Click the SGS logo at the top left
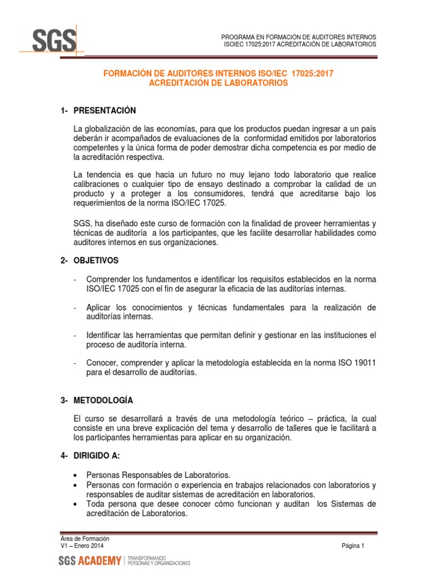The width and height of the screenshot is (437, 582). [52, 41]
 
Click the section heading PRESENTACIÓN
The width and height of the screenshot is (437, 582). [105, 110]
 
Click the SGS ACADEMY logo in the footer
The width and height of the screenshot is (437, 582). [90, 562]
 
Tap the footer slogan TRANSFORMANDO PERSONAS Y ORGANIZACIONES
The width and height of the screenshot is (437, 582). [159, 562]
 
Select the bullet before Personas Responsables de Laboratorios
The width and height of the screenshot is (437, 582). [76, 475]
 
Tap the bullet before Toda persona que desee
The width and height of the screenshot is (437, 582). [76, 504]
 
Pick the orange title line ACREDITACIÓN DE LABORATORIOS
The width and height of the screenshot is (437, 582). [218, 82]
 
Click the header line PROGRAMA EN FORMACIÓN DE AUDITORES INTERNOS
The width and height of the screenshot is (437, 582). [299, 36]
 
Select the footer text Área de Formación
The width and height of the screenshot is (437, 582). [85, 538]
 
